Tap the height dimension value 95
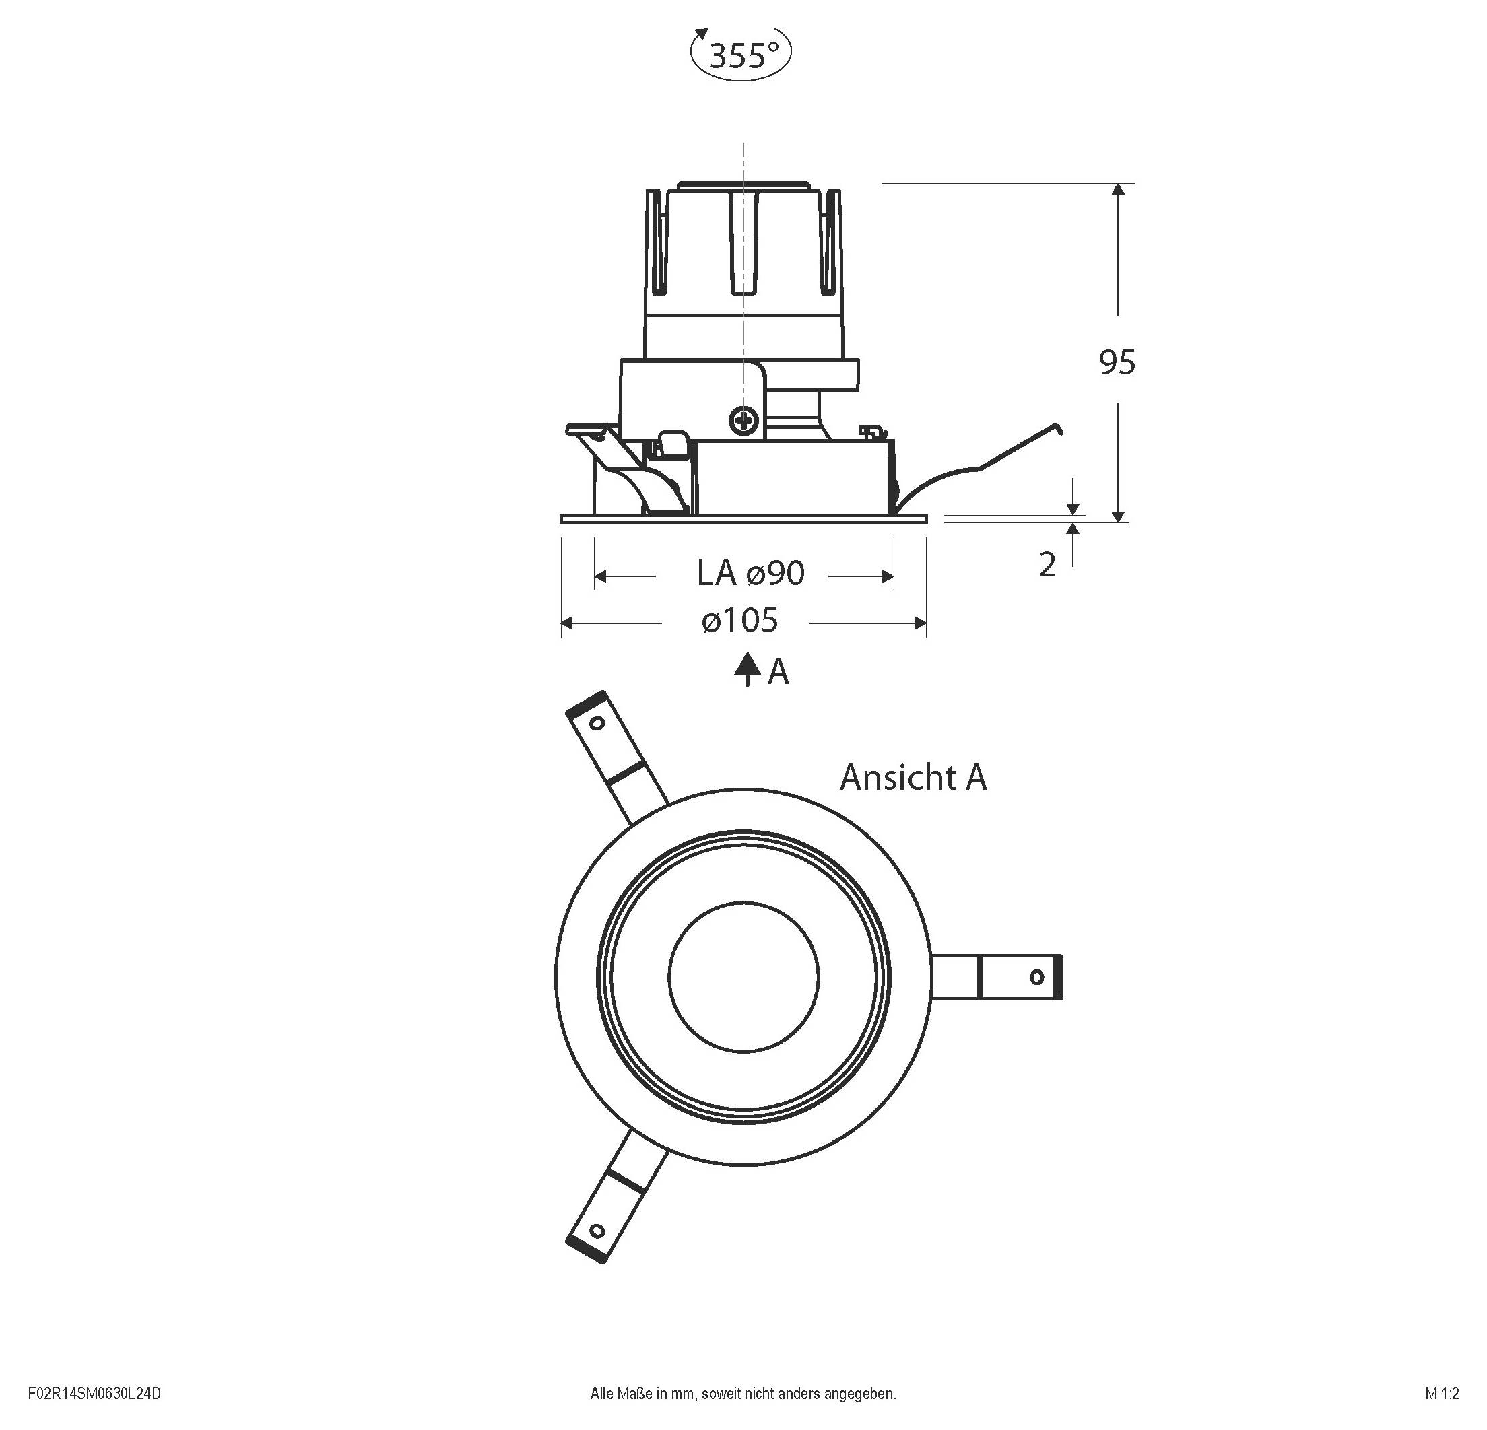(x=1117, y=363)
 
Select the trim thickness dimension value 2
(x=1047, y=565)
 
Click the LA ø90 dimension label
(x=750, y=574)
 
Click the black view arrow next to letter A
(x=748, y=668)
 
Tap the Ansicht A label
(x=913, y=778)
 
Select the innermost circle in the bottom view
(x=743, y=976)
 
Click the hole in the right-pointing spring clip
(x=1036, y=976)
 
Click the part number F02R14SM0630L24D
(x=94, y=1393)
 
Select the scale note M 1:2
(x=1441, y=1393)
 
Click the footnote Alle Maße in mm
(x=743, y=1393)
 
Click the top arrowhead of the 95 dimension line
(x=1117, y=189)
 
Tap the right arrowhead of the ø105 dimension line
(x=921, y=623)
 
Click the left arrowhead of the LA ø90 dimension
(x=600, y=576)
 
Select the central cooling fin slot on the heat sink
(x=743, y=243)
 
